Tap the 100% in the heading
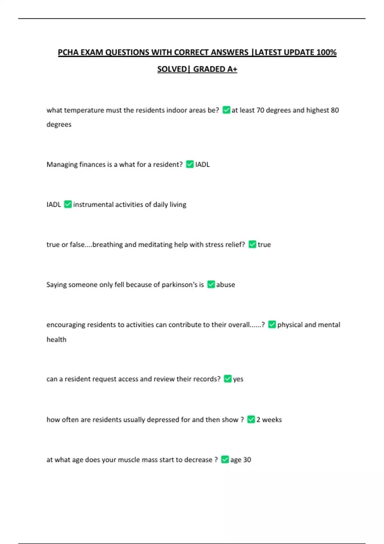point(326,52)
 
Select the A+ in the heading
point(232,69)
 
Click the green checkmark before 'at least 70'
point(226,110)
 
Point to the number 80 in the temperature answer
point(335,110)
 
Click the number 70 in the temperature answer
point(260,110)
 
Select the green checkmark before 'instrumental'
point(68,204)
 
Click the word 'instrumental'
point(93,204)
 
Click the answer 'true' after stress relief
point(264,244)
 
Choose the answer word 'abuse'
point(226,284)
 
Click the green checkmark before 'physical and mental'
point(272,324)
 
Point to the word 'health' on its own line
point(56,339)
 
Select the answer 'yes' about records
point(238,379)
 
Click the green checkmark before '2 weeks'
point(251,420)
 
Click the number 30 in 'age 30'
point(247,460)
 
